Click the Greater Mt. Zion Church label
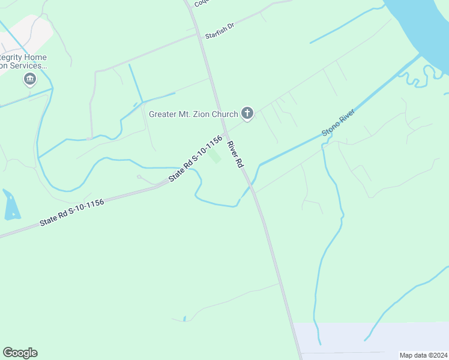pyautogui.click(x=193, y=114)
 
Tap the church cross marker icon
pyautogui.click(x=247, y=113)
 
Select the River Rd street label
pyautogui.click(x=235, y=155)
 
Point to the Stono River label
pyautogui.click(x=339, y=122)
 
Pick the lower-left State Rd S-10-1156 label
pyautogui.click(x=72, y=212)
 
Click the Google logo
pyautogui.click(x=20, y=353)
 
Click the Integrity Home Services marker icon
pyautogui.click(x=29, y=79)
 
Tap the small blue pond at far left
pyautogui.click(x=11, y=205)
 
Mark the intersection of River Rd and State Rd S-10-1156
pyautogui.click(x=225, y=133)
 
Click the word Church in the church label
pyautogui.click(x=224, y=114)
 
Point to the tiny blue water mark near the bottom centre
pyautogui.click(x=185, y=318)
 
